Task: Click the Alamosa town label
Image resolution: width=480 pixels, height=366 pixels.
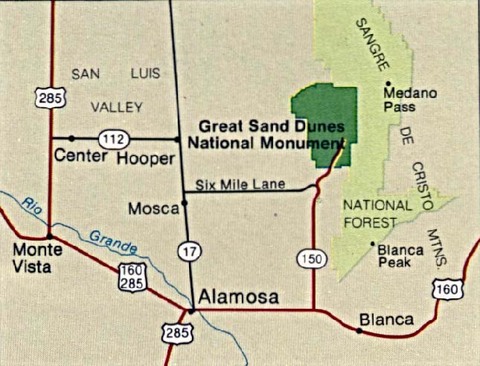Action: point(235,295)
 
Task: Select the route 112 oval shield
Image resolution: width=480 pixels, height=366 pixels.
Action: point(112,138)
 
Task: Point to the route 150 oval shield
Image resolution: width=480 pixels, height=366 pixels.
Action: point(312,259)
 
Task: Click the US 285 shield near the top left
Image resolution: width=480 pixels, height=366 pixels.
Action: point(46,97)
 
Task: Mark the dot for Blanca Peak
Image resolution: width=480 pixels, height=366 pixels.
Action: point(372,243)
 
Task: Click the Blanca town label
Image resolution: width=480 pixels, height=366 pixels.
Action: point(385,320)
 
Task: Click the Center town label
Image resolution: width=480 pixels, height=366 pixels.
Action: point(80,157)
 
